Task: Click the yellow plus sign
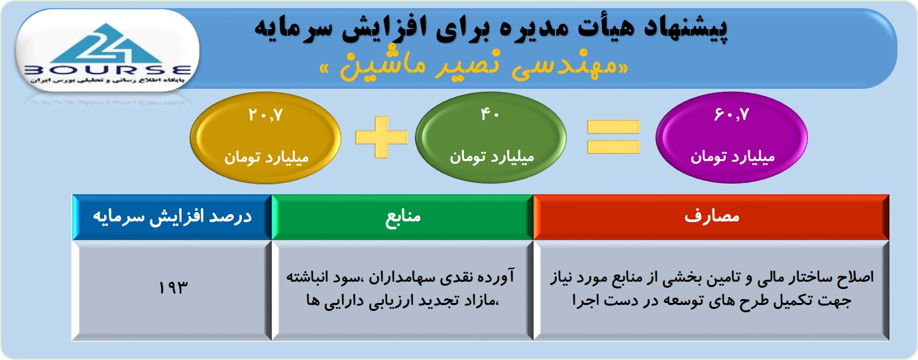click(382, 137)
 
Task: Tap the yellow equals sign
click(613, 137)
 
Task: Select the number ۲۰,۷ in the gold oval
click(266, 115)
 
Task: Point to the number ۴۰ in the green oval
click(490, 115)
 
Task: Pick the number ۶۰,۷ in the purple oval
click(732, 115)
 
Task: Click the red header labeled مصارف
click(711, 217)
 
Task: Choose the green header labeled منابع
click(402, 217)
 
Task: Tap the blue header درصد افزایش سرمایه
click(172, 217)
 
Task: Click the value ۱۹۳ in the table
click(173, 288)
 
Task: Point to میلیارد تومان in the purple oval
click(732, 157)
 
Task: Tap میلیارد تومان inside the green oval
click(492, 157)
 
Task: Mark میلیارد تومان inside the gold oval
click(266, 157)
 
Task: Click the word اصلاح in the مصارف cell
click(854, 276)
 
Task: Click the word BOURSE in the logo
click(107, 70)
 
